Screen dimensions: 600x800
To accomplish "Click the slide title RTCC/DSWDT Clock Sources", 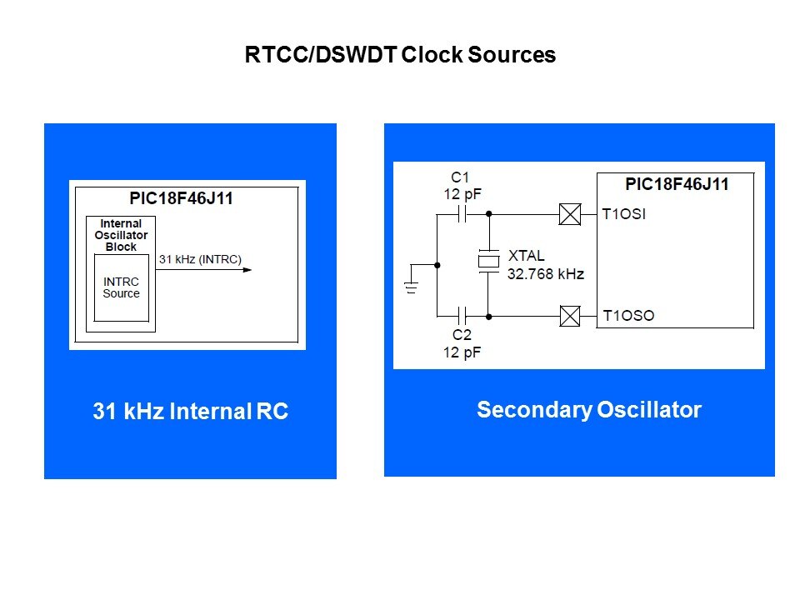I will click(x=400, y=55).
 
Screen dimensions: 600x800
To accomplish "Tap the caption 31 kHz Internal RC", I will click(x=190, y=412).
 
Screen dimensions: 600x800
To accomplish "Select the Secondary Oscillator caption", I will click(x=588, y=410).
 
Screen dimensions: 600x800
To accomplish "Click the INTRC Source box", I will click(x=121, y=287).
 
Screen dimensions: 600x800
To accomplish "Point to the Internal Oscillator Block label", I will click(x=121, y=235).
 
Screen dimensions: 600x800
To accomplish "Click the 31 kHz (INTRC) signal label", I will click(x=200, y=259).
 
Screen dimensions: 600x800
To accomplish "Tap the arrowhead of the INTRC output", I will click(x=247, y=270).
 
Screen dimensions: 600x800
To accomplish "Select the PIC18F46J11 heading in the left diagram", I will click(x=187, y=200).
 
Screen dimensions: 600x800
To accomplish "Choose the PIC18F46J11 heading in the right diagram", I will click(x=676, y=184).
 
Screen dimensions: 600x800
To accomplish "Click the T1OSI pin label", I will click(x=624, y=214).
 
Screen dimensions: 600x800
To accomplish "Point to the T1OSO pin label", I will click(x=628, y=316).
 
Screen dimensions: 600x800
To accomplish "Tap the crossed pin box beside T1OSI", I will click(x=569, y=215).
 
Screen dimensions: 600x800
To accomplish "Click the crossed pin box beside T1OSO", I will click(x=569, y=316).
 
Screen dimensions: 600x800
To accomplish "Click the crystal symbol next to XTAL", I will click(x=488, y=262).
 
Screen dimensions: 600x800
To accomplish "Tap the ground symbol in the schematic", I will click(x=410, y=288).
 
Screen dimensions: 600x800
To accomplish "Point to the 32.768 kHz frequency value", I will click(x=545, y=274).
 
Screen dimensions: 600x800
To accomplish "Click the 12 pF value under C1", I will click(x=462, y=193).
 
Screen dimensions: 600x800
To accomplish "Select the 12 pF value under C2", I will click(x=462, y=352).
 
